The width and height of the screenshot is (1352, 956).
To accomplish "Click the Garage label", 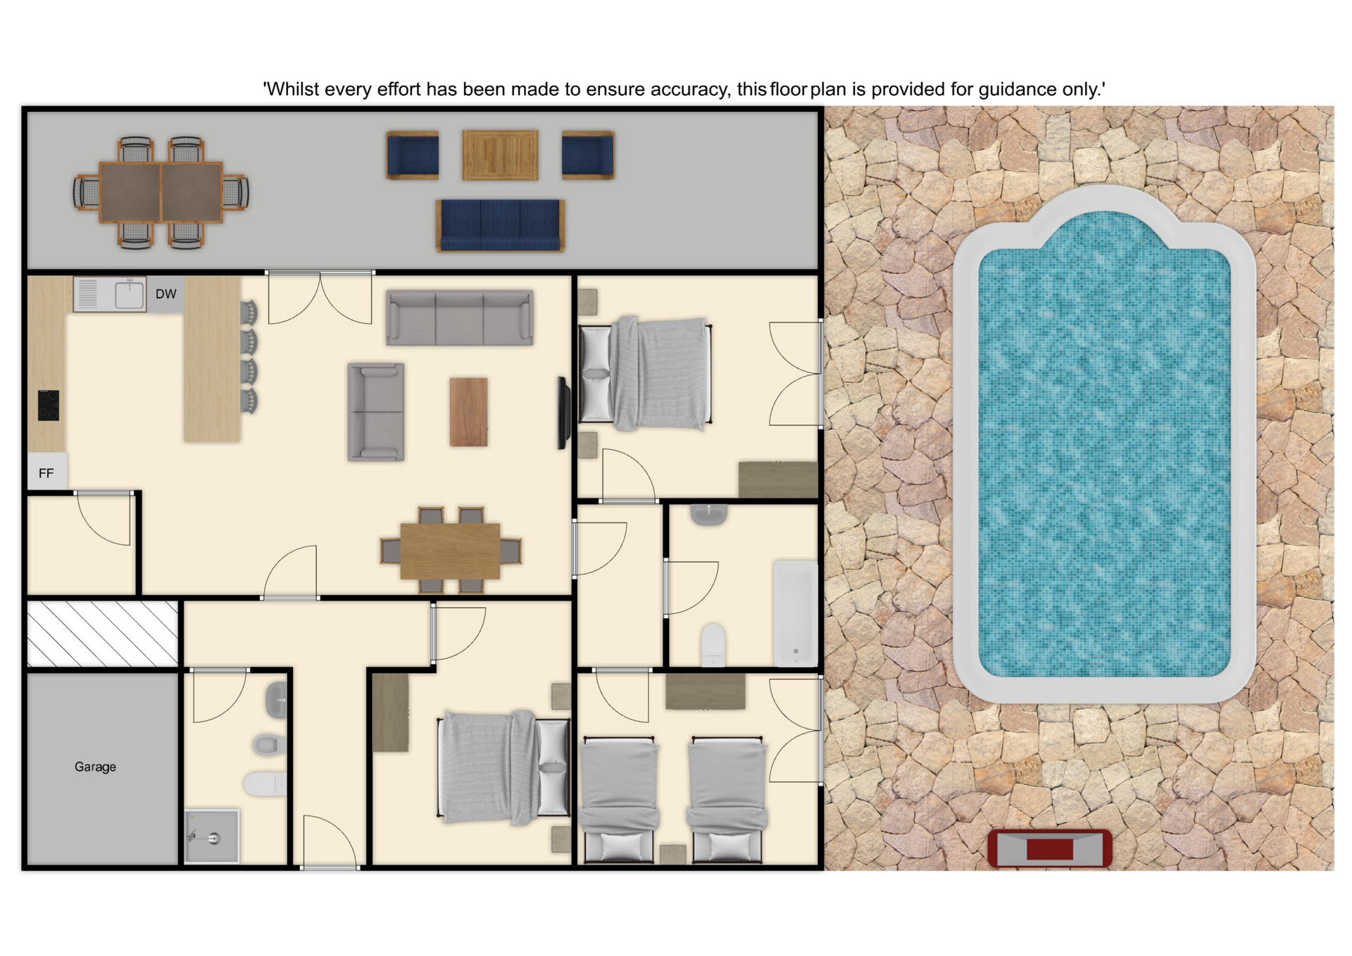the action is [x=95, y=767].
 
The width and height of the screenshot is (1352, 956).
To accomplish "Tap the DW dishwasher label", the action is [x=166, y=294].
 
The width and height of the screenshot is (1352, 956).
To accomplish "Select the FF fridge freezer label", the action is [x=46, y=474].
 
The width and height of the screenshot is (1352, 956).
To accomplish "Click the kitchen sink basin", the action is [x=130, y=294].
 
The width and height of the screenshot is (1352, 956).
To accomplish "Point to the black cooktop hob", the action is [x=49, y=405].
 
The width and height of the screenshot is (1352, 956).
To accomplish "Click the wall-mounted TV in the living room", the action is [x=563, y=413].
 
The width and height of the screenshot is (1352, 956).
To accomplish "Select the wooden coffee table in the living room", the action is [x=469, y=412].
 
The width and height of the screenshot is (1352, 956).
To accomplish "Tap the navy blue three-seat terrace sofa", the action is [x=500, y=225].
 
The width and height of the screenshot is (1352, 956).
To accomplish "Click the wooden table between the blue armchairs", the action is [x=500, y=154].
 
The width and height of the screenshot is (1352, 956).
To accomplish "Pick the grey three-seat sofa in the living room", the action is [x=460, y=317].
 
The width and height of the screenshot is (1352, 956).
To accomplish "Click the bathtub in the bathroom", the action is [x=796, y=612].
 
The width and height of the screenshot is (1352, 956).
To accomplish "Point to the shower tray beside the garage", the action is [x=212, y=836].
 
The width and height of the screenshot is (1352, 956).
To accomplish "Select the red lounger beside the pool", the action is [x=1049, y=848].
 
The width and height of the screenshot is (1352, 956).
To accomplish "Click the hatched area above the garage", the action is [x=103, y=633].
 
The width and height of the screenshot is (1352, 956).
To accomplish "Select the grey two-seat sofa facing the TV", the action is [x=376, y=412].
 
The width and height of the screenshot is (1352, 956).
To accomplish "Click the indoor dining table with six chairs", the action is [x=451, y=551].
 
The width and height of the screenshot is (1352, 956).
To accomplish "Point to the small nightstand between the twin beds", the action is [x=673, y=853].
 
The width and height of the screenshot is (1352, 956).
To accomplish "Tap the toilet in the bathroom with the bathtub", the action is [x=713, y=643].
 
